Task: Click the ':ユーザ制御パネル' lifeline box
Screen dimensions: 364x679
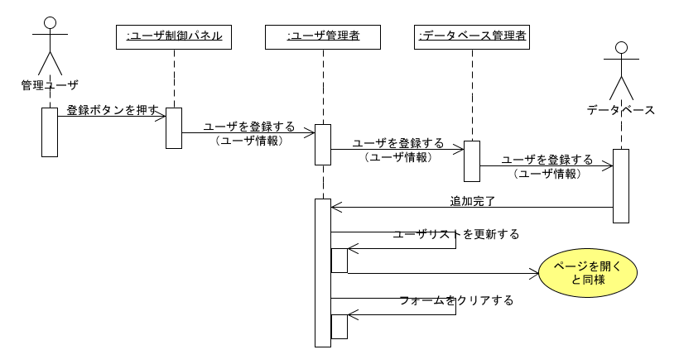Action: pos(174,36)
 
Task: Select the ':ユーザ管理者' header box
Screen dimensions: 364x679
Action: pos(323,36)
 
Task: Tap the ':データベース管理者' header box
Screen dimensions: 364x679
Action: pos(472,36)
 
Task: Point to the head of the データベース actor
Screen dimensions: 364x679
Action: pos(621,48)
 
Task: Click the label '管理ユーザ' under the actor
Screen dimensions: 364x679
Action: pos(50,84)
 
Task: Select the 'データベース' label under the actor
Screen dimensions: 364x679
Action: pos(621,109)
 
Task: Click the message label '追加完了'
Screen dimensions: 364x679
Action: pos(472,201)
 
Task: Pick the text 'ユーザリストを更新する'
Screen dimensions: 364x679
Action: pos(456,234)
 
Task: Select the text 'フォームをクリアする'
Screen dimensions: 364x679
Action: pos(456,300)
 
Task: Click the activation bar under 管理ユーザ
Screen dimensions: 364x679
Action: pos(50,132)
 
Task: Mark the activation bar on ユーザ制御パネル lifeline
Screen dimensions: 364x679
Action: pos(174,128)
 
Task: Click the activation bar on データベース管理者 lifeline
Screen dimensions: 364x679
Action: pos(472,161)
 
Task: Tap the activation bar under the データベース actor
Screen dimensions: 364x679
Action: pos(621,185)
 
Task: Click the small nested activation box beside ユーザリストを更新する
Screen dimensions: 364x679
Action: pos(339,261)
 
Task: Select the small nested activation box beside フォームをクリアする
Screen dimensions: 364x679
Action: pos(339,327)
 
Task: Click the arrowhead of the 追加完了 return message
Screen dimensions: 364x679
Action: pos(335,207)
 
